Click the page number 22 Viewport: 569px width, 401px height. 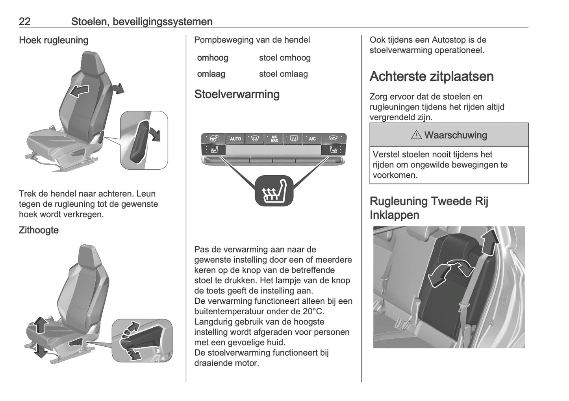[x=24, y=21]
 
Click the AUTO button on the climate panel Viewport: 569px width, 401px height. [x=235, y=139]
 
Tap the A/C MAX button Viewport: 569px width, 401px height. [x=274, y=139]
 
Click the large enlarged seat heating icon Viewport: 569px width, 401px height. [x=274, y=191]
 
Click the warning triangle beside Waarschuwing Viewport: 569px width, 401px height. [x=416, y=135]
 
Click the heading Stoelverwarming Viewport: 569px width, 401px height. [x=237, y=94]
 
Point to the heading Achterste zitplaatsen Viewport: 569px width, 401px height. [x=431, y=76]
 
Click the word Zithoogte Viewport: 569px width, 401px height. [x=39, y=230]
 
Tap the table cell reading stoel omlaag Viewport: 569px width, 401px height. [x=283, y=74]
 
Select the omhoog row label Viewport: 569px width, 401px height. [x=212, y=58]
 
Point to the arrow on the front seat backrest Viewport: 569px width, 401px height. [x=78, y=91]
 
